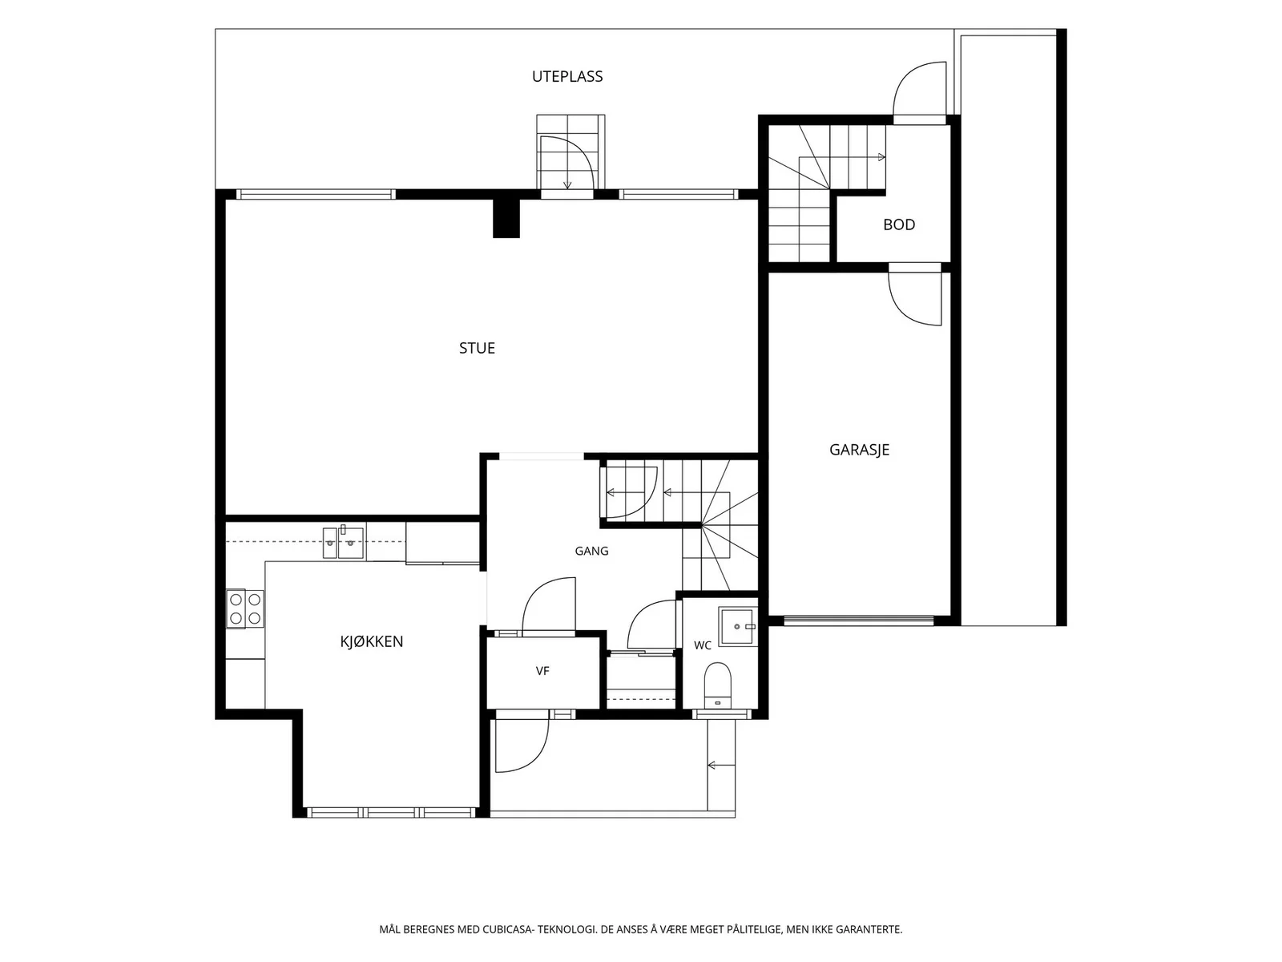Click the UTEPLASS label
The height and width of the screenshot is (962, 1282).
coord(566,76)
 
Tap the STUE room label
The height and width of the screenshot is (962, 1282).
coord(477,348)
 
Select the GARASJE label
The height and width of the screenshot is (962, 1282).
coord(859,450)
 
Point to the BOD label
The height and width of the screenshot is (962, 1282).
coord(899,224)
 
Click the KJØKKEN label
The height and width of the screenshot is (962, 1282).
coord(372,641)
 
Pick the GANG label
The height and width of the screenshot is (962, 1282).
coord(591,551)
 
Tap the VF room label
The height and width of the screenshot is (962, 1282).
coord(542,671)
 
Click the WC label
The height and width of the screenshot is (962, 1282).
coord(702,645)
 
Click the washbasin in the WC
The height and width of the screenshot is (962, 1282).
coord(738,626)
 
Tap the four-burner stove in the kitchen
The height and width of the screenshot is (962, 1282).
coord(245,608)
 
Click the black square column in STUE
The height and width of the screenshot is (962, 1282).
coord(506,218)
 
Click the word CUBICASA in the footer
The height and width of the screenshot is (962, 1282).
coord(507,929)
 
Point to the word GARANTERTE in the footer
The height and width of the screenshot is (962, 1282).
coord(869,929)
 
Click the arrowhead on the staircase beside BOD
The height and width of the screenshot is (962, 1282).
coord(882,157)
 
